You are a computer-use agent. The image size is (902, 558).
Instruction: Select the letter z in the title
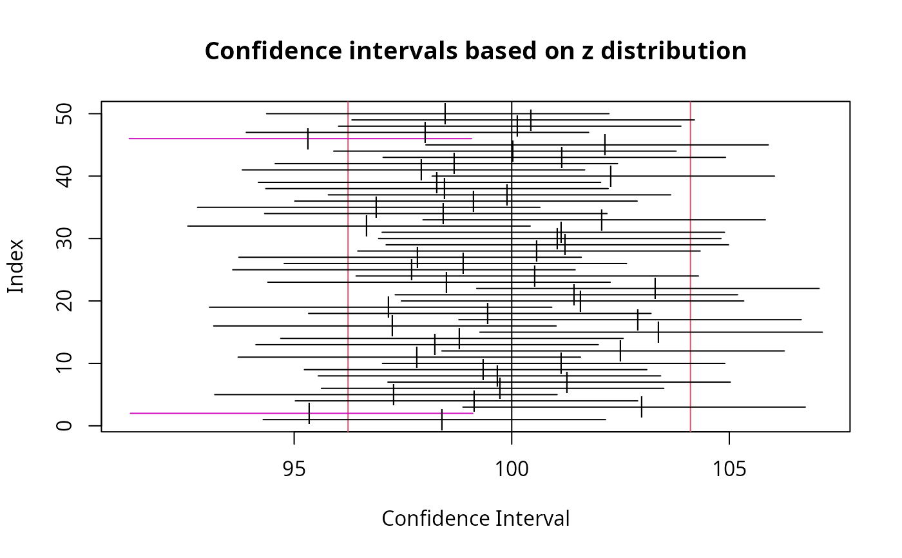tap(584, 52)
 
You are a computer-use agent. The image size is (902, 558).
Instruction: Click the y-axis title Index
tap(15, 266)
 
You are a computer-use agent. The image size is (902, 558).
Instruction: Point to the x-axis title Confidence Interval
tap(475, 519)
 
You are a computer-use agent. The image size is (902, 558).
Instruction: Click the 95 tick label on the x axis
tap(294, 468)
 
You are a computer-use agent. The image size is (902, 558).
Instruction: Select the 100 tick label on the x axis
tap(512, 468)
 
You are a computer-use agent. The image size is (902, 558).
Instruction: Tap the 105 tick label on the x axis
tap(729, 468)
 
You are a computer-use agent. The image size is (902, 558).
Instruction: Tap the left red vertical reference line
tap(348, 322)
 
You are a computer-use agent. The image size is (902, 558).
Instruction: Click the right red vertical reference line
tap(691, 322)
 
